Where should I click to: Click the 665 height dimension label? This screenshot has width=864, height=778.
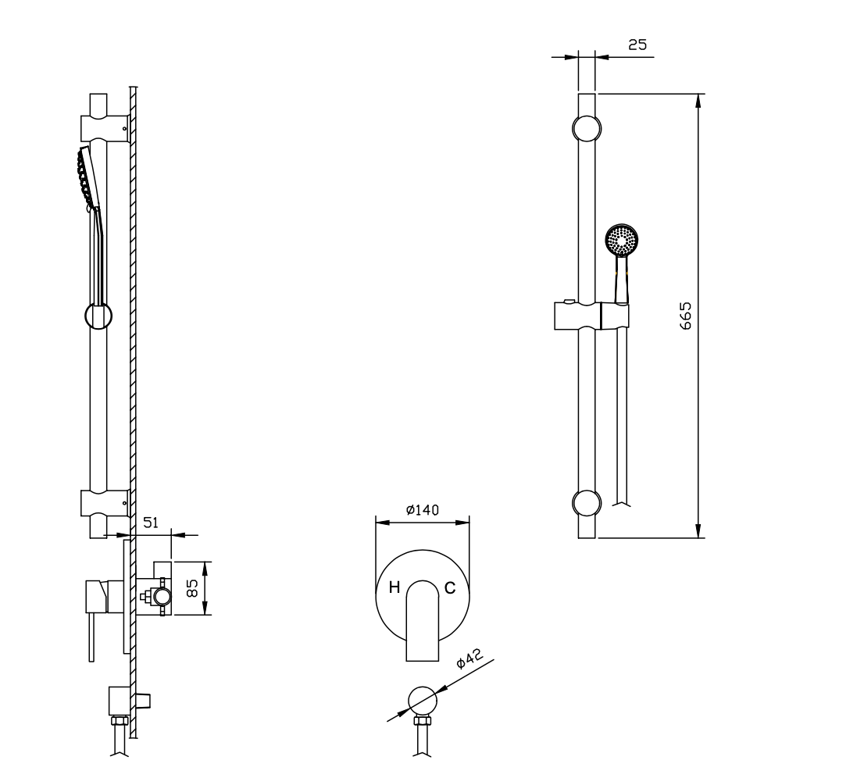(686, 316)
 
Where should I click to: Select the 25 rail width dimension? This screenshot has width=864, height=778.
(637, 45)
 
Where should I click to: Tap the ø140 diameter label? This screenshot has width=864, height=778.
(423, 509)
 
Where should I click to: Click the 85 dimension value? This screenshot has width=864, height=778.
(194, 587)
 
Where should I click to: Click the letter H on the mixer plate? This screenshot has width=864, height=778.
(395, 587)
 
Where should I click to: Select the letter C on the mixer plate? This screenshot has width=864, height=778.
(450, 587)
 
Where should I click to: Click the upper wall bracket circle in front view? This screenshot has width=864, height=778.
(587, 127)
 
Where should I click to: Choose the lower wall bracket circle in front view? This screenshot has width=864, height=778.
(587, 502)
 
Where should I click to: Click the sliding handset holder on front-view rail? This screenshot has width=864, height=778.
(591, 316)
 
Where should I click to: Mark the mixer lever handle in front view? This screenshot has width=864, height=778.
(423, 621)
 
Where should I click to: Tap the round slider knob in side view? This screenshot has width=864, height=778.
(98, 316)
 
